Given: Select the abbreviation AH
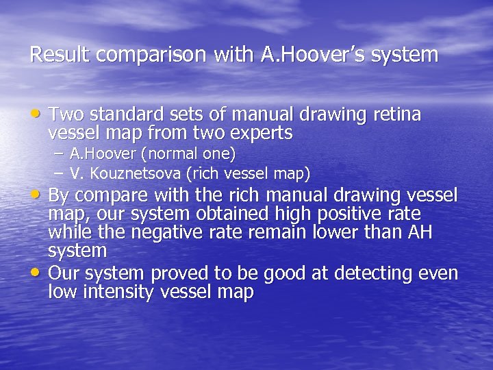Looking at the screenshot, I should click(418, 233).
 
